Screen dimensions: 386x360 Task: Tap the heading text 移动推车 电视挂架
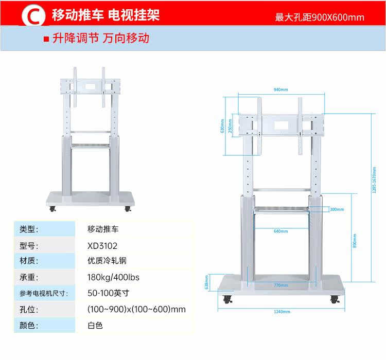pos(106,15)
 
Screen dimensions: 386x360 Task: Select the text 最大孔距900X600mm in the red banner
pos(320,17)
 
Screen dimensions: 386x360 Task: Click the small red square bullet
pos(46,39)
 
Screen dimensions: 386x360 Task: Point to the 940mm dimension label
pos(280,89)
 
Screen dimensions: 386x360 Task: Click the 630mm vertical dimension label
pos(222,127)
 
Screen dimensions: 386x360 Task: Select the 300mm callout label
pos(337,209)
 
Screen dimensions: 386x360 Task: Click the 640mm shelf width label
pos(280,231)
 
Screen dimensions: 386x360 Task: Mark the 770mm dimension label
pos(280,284)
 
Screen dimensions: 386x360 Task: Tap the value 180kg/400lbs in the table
pos(113,277)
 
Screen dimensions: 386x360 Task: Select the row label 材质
pos(29,261)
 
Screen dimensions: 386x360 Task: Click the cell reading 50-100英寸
pos(108,293)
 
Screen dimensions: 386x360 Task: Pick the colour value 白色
pos(95,325)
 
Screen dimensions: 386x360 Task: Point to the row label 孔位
pos(29,309)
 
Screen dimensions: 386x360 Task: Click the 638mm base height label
pos(206,282)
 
